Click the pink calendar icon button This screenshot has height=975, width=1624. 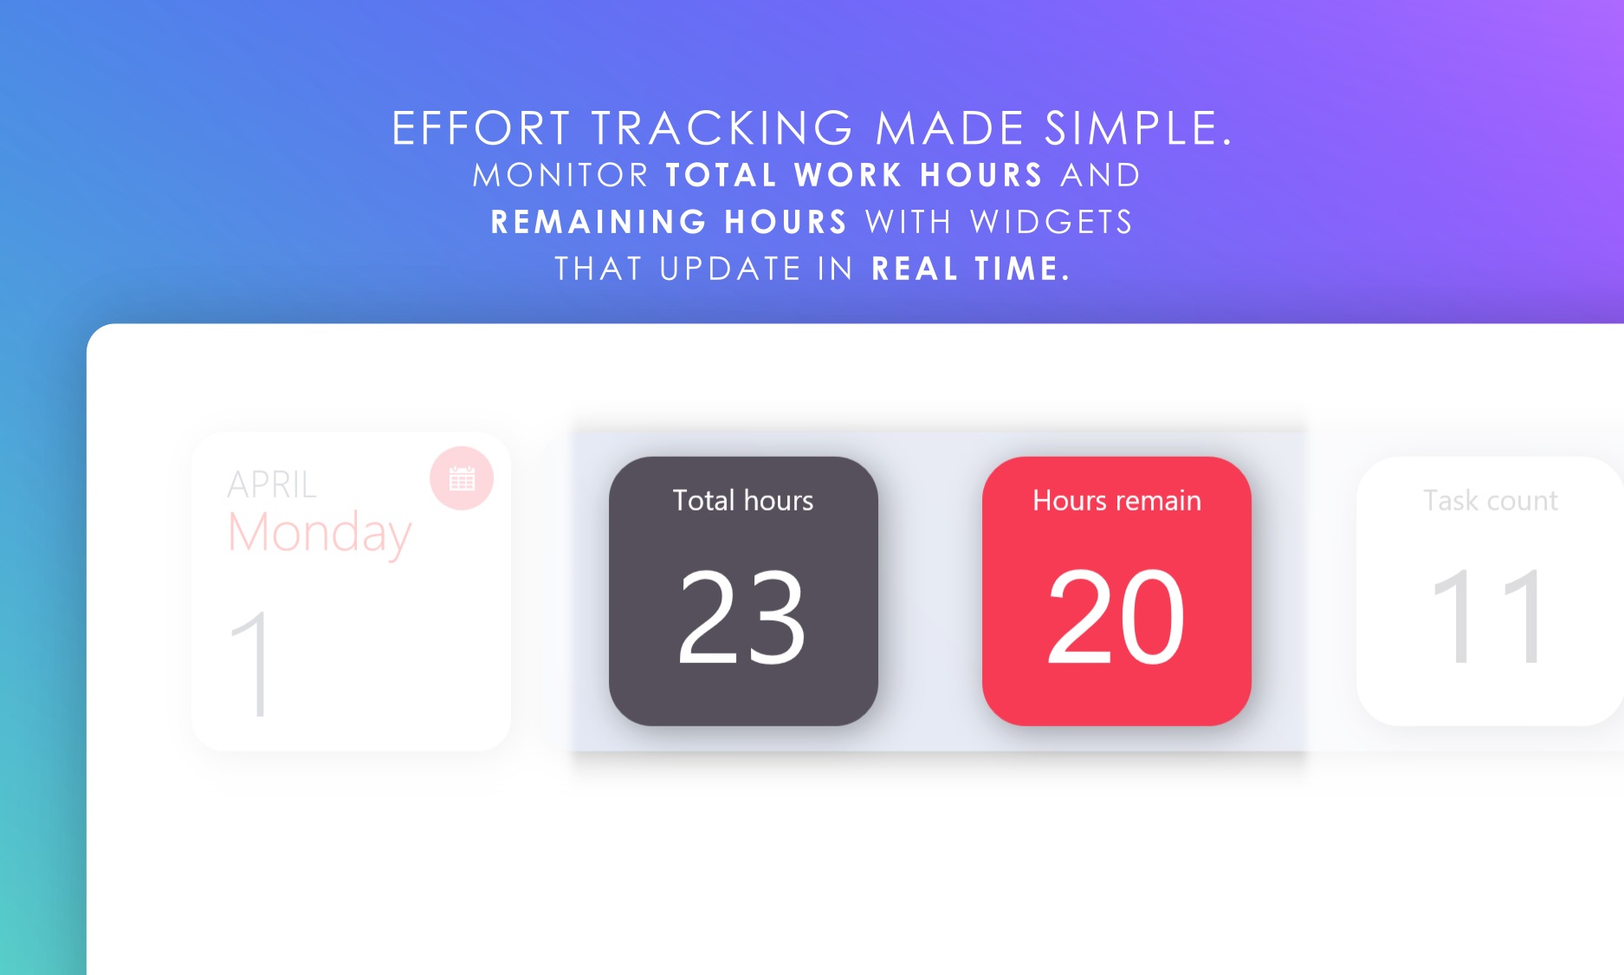(x=462, y=478)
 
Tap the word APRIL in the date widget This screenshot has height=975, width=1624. (x=272, y=484)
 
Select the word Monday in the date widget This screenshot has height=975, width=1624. (x=320, y=532)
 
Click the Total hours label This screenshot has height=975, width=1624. (x=743, y=500)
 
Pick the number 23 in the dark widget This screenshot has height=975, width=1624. (x=742, y=616)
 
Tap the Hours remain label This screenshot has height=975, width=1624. (x=1116, y=500)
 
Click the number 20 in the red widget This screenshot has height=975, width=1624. (x=1116, y=616)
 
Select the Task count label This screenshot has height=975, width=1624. (x=1491, y=500)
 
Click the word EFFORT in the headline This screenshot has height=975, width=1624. (x=481, y=128)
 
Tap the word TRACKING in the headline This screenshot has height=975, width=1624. (x=723, y=128)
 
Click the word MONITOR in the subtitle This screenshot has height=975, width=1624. (x=561, y=175)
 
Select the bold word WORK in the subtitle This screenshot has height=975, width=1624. (x=849, y=175)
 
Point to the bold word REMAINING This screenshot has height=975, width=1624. (x=599, y=222)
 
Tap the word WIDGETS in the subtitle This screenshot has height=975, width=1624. (x=1051, y=222)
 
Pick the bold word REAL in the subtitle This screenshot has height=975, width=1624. (x=915, y=269)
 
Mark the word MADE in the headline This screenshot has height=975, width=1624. (x=950, y=128)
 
